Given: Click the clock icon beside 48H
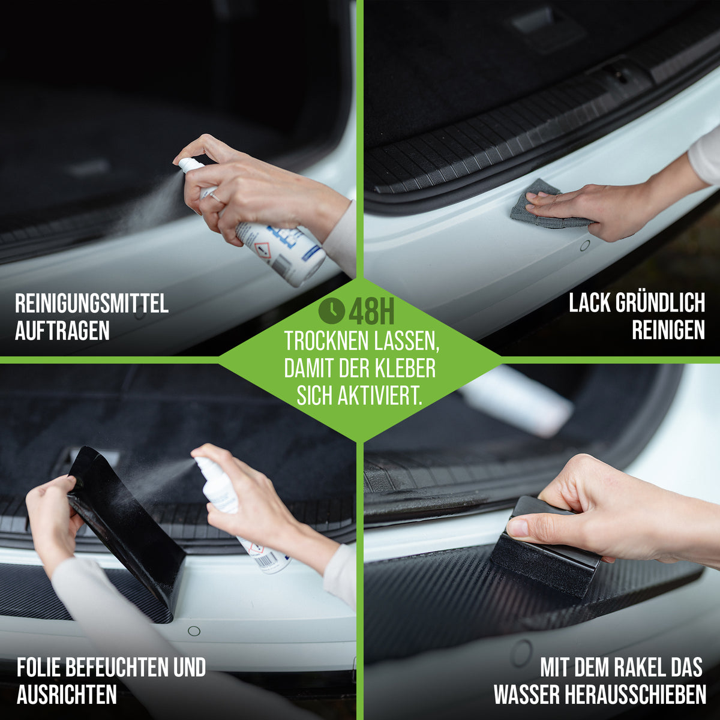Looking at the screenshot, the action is click(331, 310).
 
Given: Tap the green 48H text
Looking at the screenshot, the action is click(371, 311).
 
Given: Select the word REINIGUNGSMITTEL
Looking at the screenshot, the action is click(92, 304).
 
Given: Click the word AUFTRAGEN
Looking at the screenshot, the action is click(62, 330).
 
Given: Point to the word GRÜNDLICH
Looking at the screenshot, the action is click(660, 302).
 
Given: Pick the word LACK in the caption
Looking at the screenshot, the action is click(590, 302).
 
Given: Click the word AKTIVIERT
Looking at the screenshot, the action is click(380, 395).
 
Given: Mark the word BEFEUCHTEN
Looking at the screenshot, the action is click(118, 667).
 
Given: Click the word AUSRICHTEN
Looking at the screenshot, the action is click(67, 694).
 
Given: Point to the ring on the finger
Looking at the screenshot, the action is click(215, 197).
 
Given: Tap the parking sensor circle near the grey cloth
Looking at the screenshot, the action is click(585, 245).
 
